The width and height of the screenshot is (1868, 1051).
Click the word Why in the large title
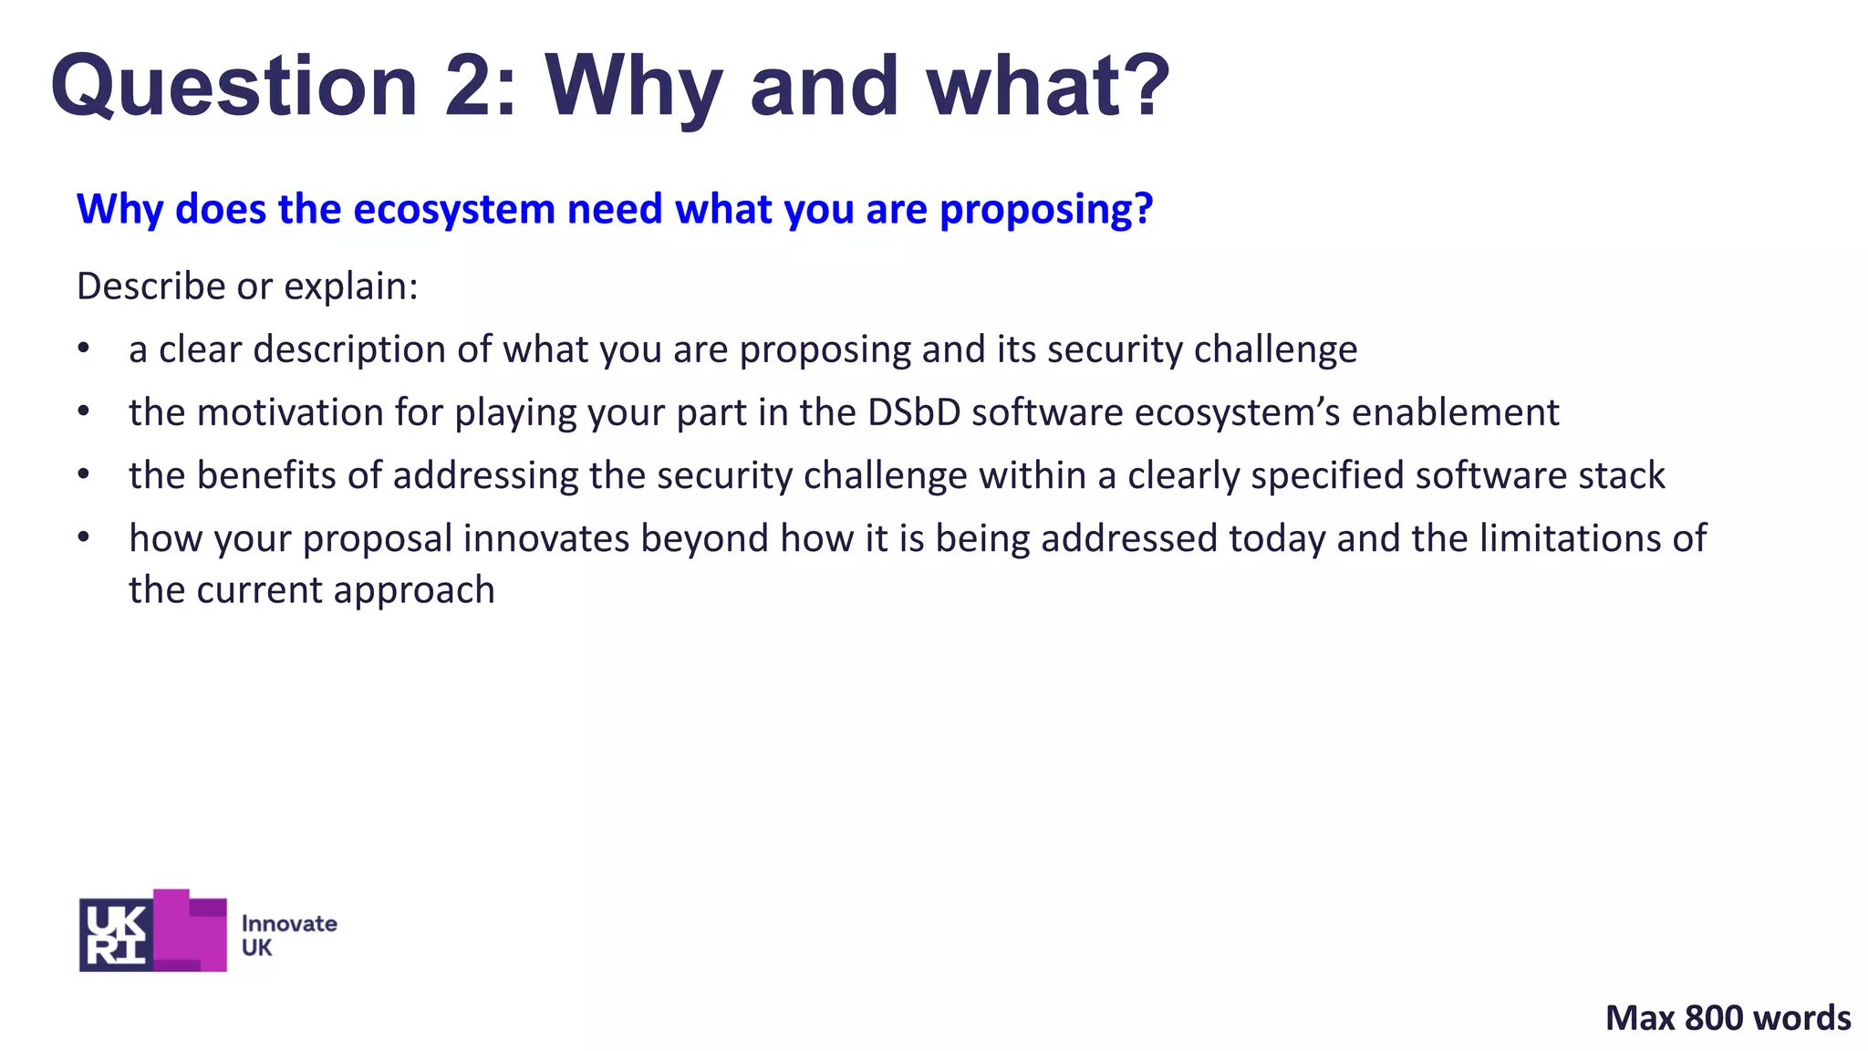(x=633, y=87)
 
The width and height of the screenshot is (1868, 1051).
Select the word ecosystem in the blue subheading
(x=454, y=210)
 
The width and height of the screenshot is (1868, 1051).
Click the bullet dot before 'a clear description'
(x=84, y=349)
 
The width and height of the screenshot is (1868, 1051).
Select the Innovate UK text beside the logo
(x=288, y=935)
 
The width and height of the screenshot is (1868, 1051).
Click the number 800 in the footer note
(x=1715, y=1018)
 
